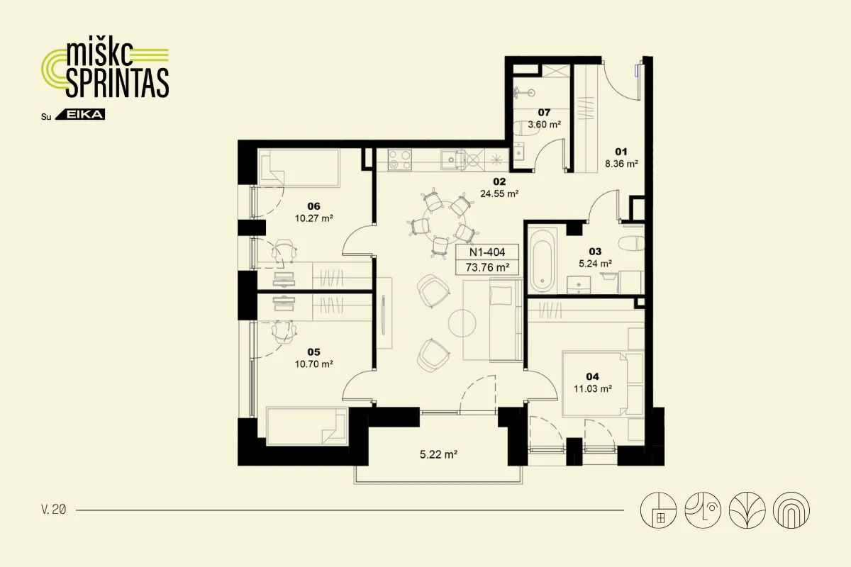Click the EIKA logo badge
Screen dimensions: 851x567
pyautogui.click(x=80, y=115)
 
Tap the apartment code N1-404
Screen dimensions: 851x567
pyautogui.click(x=487, y=252)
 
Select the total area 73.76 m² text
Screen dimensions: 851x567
pyautogui.click(x=487, y=268)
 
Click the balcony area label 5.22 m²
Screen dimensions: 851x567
pyautogui.click(x=438, y=454)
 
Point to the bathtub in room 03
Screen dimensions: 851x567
pyautogui.click(x=542, y=261)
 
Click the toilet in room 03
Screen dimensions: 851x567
pyautogui.click(x=631, y=243)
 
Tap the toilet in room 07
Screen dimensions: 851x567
pyautogui.click(x=526, y=129)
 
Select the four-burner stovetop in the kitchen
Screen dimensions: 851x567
pyautogui.click(x=400, y=159)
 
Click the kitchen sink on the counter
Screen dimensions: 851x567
pyautogui.click(x=452, y=159)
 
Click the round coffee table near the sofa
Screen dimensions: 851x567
pyautogui.click(x=462, y=323)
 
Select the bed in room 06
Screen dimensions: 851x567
pyautogui.click(x=299, y=168)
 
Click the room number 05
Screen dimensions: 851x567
pyautogui.click(x=313, y=352)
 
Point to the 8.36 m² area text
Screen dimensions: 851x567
pyautogui.click(x=621, y=164)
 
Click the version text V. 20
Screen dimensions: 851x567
pyautogui.click(x=54, y=510)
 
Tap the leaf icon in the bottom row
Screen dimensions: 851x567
pyautogui.click(x=747, y=510)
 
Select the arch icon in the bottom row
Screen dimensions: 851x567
pyautogui.click(x=791, y=510)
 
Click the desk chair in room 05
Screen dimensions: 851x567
pyautogui.click(x=284, y=332)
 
